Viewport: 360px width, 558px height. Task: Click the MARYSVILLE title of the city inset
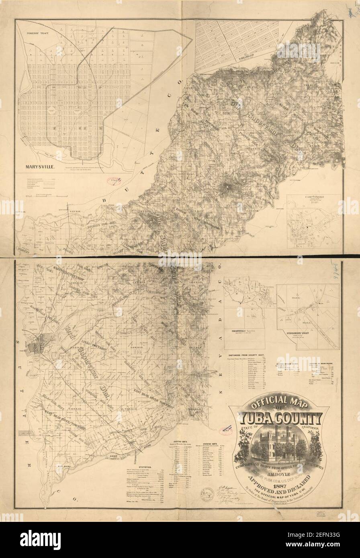(39, 165)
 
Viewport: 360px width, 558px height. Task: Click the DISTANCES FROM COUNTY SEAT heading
(250, 356)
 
